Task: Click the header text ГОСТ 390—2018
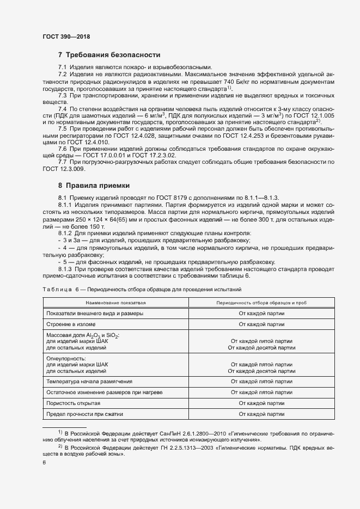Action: [x=66, y=37]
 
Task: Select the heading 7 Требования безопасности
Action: [x=109, y=55]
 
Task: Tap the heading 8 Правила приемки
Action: [x=94, y=185]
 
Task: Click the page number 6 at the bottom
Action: [x=44, y=463]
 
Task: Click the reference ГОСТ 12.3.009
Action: [x=62, y=169]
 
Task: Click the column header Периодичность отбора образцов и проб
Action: [x=261, y=302]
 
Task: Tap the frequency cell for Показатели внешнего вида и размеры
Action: [x=261, y=314]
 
